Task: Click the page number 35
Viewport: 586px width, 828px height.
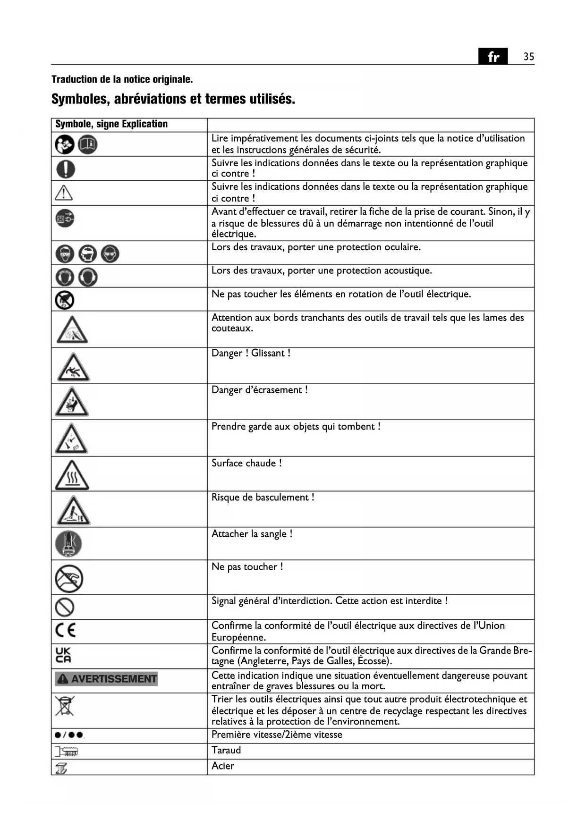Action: (x=528, y=57)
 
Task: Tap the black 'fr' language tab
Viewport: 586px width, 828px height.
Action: (x=493, y=57)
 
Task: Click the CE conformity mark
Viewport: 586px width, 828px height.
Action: (x=65, y=631)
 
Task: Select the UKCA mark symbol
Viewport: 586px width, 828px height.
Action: (x=63, y=655)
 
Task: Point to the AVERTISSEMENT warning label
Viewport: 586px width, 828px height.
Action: (x=106, y=679)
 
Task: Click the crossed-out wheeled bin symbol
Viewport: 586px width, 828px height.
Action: (x=65, y=706)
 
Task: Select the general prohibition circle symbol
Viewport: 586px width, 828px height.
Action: (x=65, y=607)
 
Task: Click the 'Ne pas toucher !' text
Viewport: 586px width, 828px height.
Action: (x=247, y=566)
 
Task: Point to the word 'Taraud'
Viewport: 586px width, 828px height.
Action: (x=226, y=750)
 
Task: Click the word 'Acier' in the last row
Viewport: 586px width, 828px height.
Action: (x=223, y=766)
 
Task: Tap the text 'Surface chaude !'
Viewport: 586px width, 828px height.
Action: (x=246, y=463)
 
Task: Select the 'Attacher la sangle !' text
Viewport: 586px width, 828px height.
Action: (x=252, y=534)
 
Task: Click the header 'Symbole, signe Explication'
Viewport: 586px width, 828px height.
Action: (x=111, y=124)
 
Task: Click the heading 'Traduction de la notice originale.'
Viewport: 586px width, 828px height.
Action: (x=122, y=79)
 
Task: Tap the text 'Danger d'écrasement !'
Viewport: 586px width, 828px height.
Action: (x=259, y=390)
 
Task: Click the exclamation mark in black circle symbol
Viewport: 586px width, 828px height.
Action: (x=66, y=169)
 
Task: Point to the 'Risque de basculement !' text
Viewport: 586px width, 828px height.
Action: (x=263, y=498)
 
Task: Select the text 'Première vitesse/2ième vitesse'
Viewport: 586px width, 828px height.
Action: (x=277, y=735)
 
